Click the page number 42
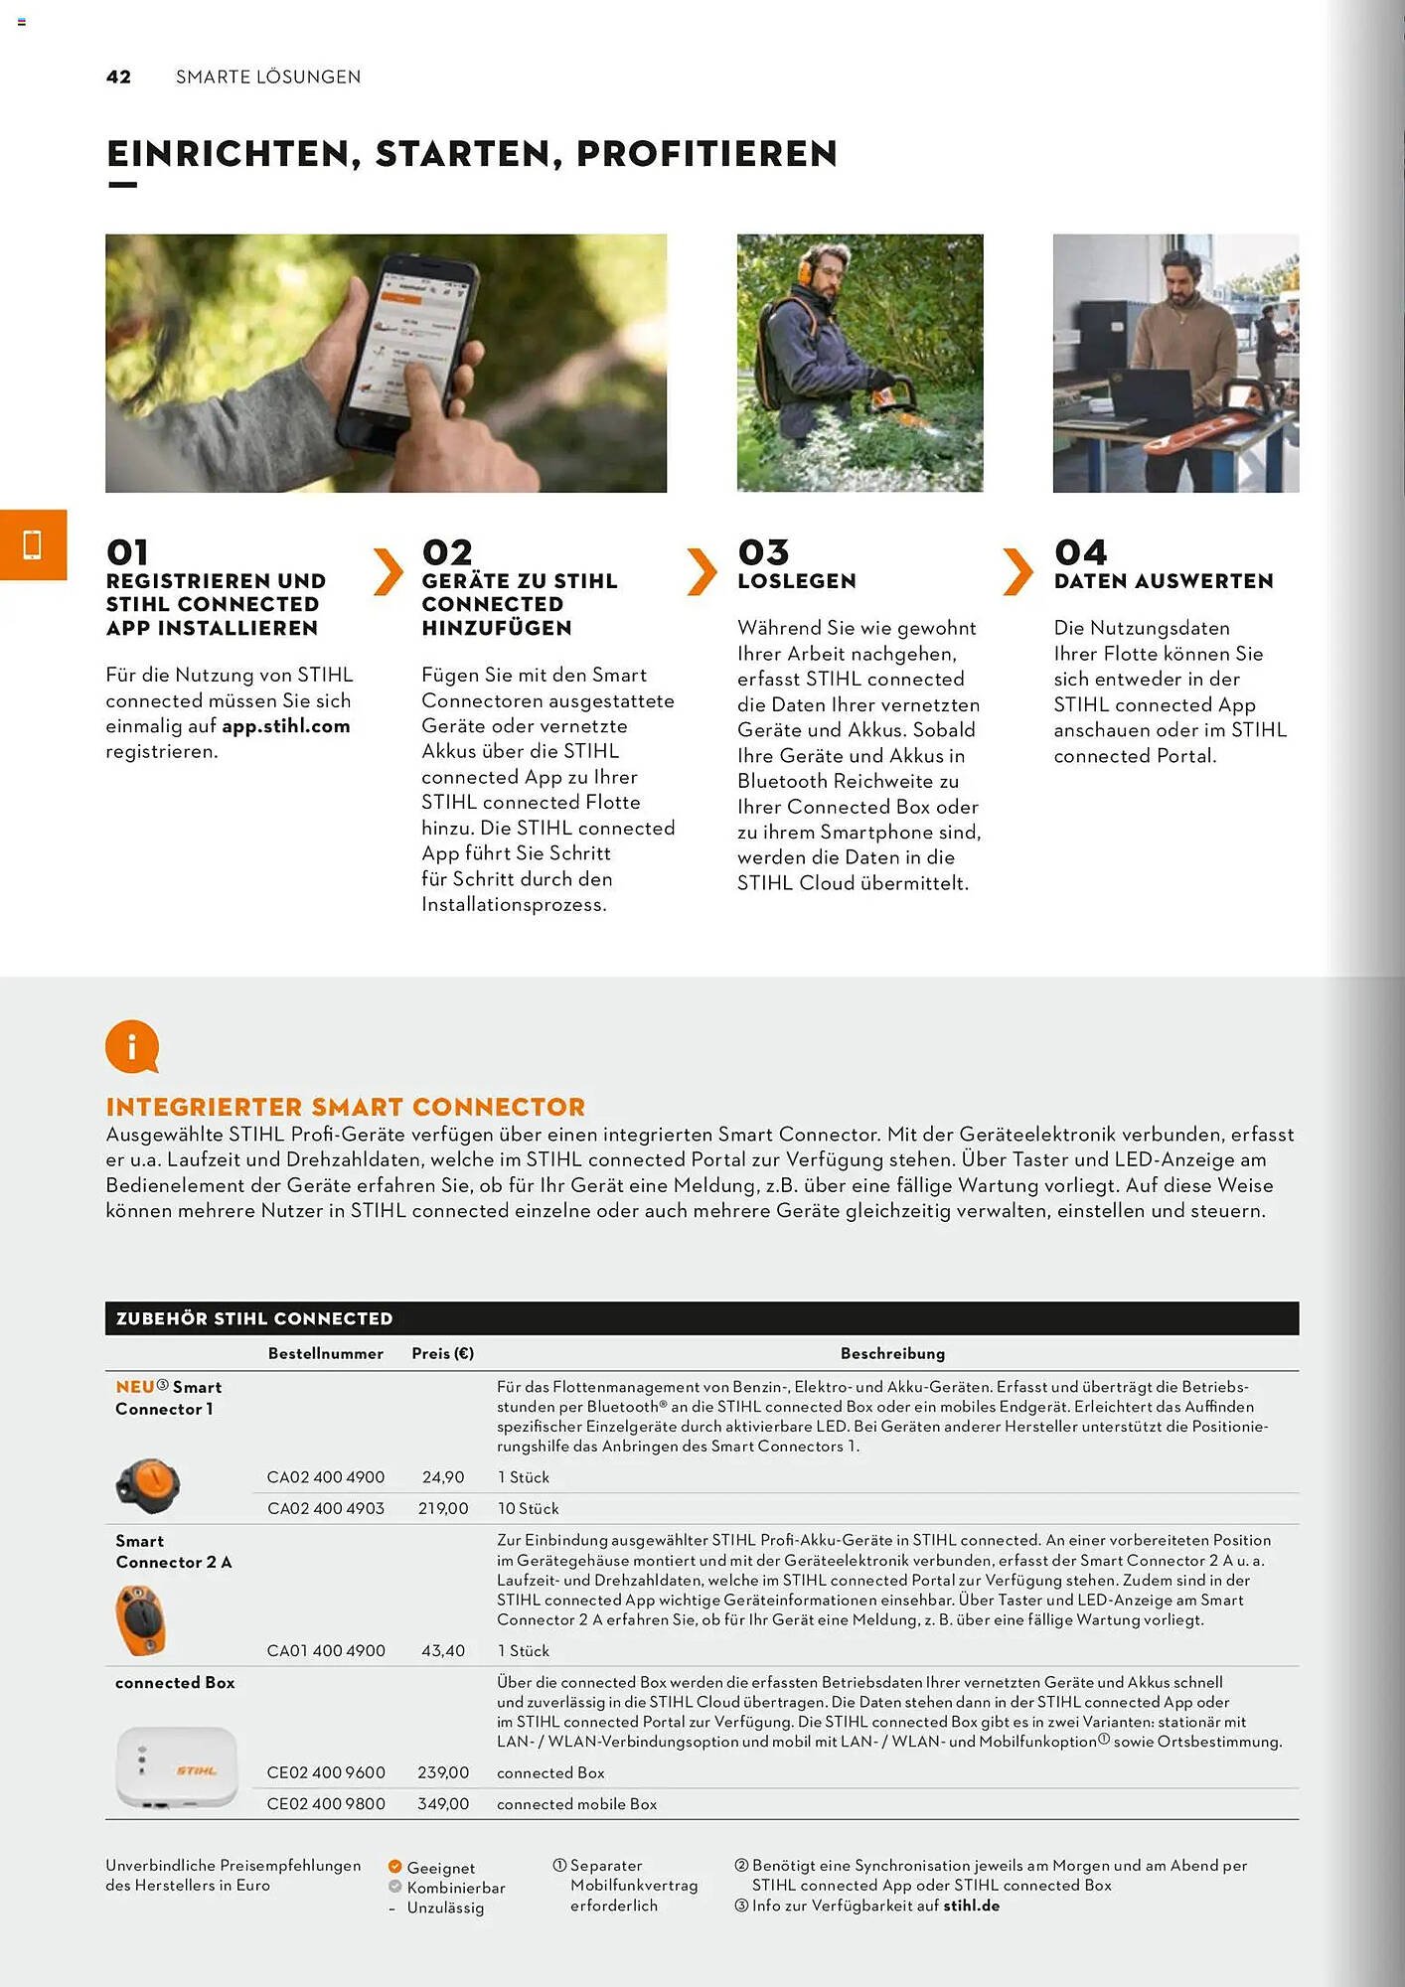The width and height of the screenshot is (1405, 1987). click(x=118, y=77)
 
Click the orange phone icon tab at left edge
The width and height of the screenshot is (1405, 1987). click(x=33, y=544)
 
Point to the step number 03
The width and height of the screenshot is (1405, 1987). click(x=763, y=552)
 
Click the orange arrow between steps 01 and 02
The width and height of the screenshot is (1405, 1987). click(x=388, y=571)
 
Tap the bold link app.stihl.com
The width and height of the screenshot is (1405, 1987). click(x=286, y=726)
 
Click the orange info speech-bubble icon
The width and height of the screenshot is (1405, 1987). click(x=132, y=1046)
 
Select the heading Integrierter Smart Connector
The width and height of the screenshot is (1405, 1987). click(x=346, y=1107)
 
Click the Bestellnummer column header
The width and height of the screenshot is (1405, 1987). click(x=325, y=1353)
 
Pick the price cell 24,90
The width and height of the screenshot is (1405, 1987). click(x=443, y=1477)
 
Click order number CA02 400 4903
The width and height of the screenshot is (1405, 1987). click(x=326, y=1508)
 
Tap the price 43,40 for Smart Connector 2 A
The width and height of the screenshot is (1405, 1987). click(x=443, y=1650)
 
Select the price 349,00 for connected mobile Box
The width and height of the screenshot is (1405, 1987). click(x=443, y=1803)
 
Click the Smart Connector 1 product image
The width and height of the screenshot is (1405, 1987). click(x=148, y=1485)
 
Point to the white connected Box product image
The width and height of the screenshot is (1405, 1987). click(x=177, y=1767)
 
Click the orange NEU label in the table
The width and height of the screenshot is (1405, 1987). click(x=135, y=1387)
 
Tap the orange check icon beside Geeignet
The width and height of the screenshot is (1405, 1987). click(x=394, y=1867)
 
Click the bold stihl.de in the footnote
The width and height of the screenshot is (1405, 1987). click(x=971, y=1906)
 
